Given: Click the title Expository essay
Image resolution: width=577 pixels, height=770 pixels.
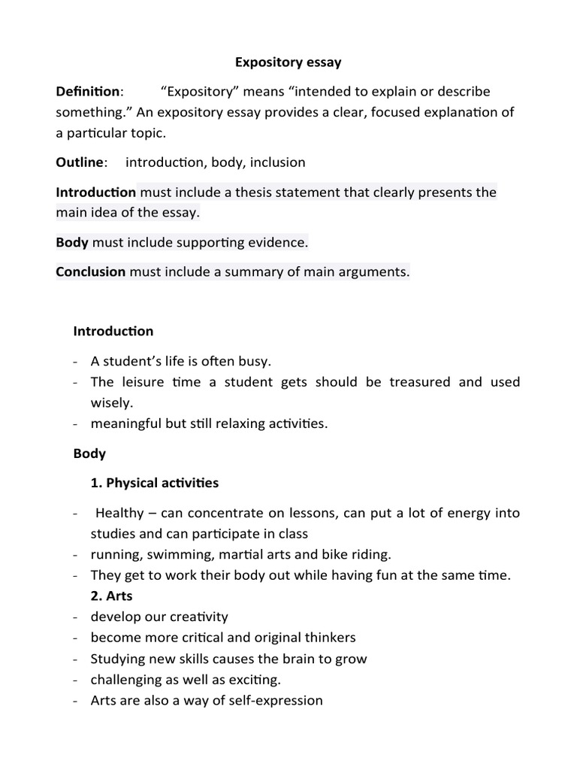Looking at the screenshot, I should pyautogui.click(x=288, y=62).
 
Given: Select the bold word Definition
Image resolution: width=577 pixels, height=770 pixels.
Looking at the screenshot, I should pyautogui.click(x=88, y=92).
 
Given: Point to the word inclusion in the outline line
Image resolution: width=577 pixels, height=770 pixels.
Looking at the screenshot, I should pyautogui.click(x=276, y=162).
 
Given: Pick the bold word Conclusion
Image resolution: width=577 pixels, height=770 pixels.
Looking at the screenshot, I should pyautogui.click(x=90, y=272).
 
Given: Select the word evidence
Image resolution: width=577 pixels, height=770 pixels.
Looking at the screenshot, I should pyautogui.click(x=281, y=243).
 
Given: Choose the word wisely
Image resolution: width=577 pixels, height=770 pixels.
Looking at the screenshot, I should pyautogui.click(x=111, y=403).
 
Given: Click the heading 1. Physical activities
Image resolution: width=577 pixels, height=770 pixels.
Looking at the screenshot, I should pyautogui.click(x=155, y=482).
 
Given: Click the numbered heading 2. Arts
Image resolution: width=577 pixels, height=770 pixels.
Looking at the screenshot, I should pyautogui.click(x=111, y=596).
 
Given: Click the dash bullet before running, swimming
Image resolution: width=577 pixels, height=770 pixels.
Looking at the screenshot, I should pyautogui.click(x=77, y=555).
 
